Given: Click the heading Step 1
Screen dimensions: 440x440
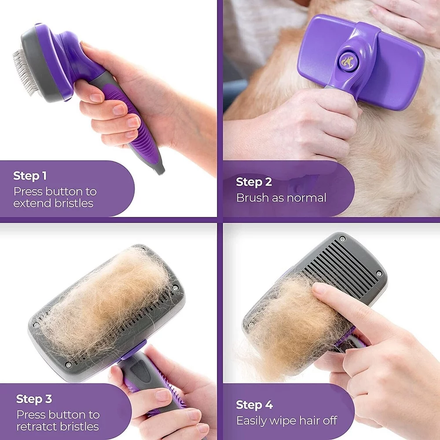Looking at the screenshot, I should (30, 176).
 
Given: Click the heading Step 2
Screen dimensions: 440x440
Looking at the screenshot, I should (254, 182).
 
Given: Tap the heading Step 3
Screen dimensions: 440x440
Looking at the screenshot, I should (34, 399).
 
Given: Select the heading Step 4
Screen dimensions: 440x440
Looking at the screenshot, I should (254, 405).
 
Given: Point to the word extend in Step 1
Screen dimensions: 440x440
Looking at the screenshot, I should (31, 203).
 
